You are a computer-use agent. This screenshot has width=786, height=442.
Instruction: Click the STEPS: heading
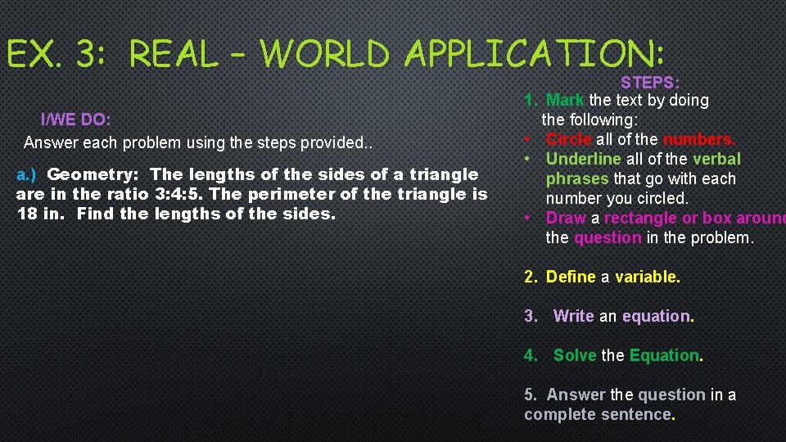pyautogui.click(x=650, y=83)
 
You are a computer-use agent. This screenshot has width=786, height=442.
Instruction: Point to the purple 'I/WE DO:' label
pyautogui.click(x=76, y=120)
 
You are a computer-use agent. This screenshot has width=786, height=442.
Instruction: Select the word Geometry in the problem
pyautogui.click(x=95, y=174)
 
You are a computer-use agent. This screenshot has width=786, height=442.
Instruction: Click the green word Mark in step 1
pyautogui.click(x=565, y=100)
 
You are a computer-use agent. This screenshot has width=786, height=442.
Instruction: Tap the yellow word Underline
pyautogui.click(x=584, y=159)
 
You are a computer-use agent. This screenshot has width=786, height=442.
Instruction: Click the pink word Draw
pyautogui.click(x=565, y=218)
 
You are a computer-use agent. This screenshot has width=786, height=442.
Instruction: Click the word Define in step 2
pyautogui.click(x=571, y=277)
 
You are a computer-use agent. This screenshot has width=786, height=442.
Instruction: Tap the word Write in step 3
pyautogui.click(x=574, y=316)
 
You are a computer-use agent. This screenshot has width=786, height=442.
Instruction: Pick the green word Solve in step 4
pyautogui.click(x=576, y=355)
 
